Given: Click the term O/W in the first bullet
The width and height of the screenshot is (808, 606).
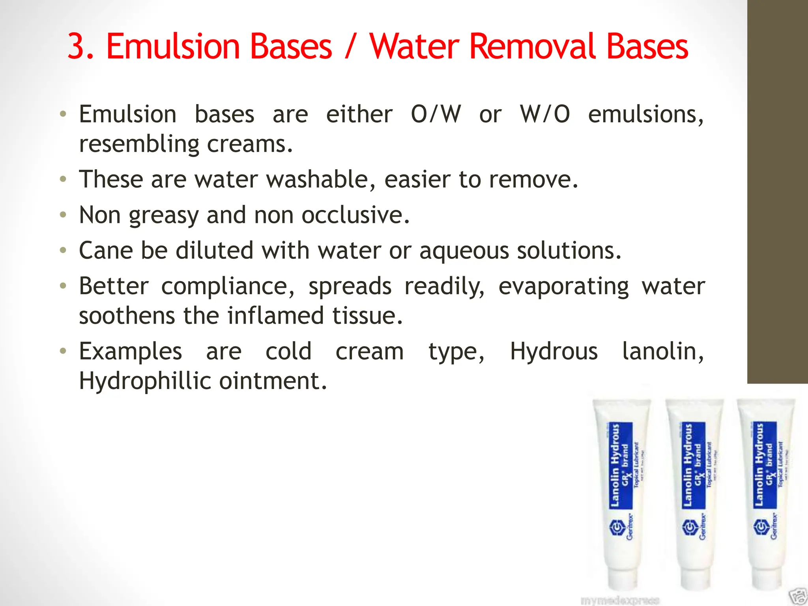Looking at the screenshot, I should [x=436, y=114].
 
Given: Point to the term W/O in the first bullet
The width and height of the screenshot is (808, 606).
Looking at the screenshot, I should [x=545, y=114].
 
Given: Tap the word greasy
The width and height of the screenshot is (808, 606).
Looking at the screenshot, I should [x=164, y=216].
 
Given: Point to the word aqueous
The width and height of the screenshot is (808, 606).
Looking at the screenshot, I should [x=464, y=251].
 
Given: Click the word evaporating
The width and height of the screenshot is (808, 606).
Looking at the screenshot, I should [x=563, y=287].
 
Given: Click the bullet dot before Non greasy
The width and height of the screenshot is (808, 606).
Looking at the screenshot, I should [x=63, y=215].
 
